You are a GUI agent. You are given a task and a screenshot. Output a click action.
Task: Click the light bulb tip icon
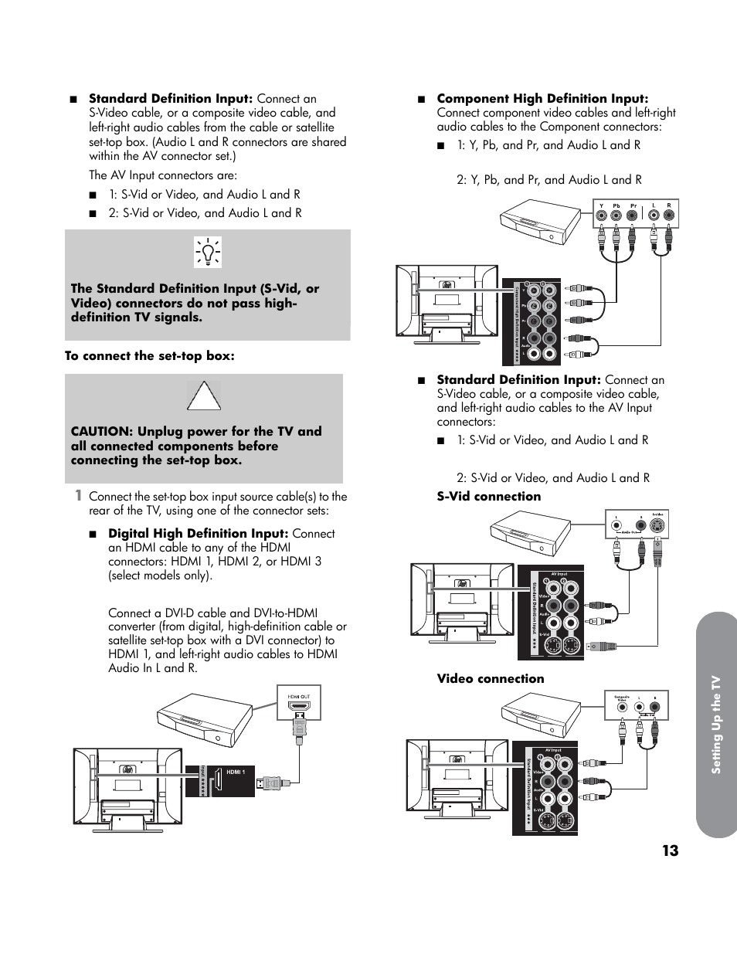[x=208, y=252]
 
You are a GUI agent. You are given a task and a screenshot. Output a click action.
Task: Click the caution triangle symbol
[x=204, y=396]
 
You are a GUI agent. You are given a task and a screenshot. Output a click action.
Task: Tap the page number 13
[x=670, y=850]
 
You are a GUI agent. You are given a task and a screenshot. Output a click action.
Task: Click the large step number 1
[x=78, y=495]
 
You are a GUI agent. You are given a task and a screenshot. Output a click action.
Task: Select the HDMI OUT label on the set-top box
[x=299, y=697]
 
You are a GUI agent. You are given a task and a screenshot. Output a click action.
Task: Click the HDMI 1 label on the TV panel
[x=236, y=772]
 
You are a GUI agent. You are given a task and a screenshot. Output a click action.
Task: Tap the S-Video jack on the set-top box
[x=657, y=528]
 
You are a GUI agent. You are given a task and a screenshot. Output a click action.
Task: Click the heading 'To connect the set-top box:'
[x=149, y=356]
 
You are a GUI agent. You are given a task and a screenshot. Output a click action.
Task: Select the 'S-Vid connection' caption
[x=488, y=497]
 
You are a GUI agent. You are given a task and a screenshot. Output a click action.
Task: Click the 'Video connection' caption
[x=490, y=679]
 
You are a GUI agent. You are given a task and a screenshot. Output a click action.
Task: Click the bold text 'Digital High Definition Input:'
[x=198, y=534]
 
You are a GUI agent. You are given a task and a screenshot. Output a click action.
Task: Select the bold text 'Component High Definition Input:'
[x=542, y=99]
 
